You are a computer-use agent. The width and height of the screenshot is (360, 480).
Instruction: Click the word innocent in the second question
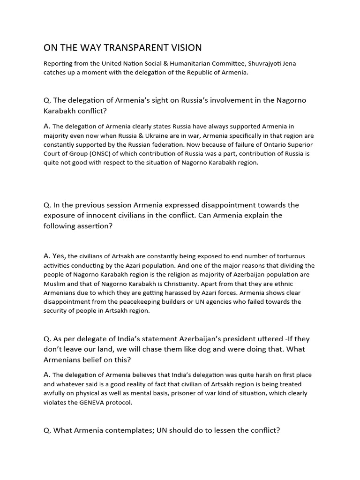click(x=108, y=216)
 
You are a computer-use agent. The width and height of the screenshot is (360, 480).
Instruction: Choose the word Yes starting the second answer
click(x=59, y=256)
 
